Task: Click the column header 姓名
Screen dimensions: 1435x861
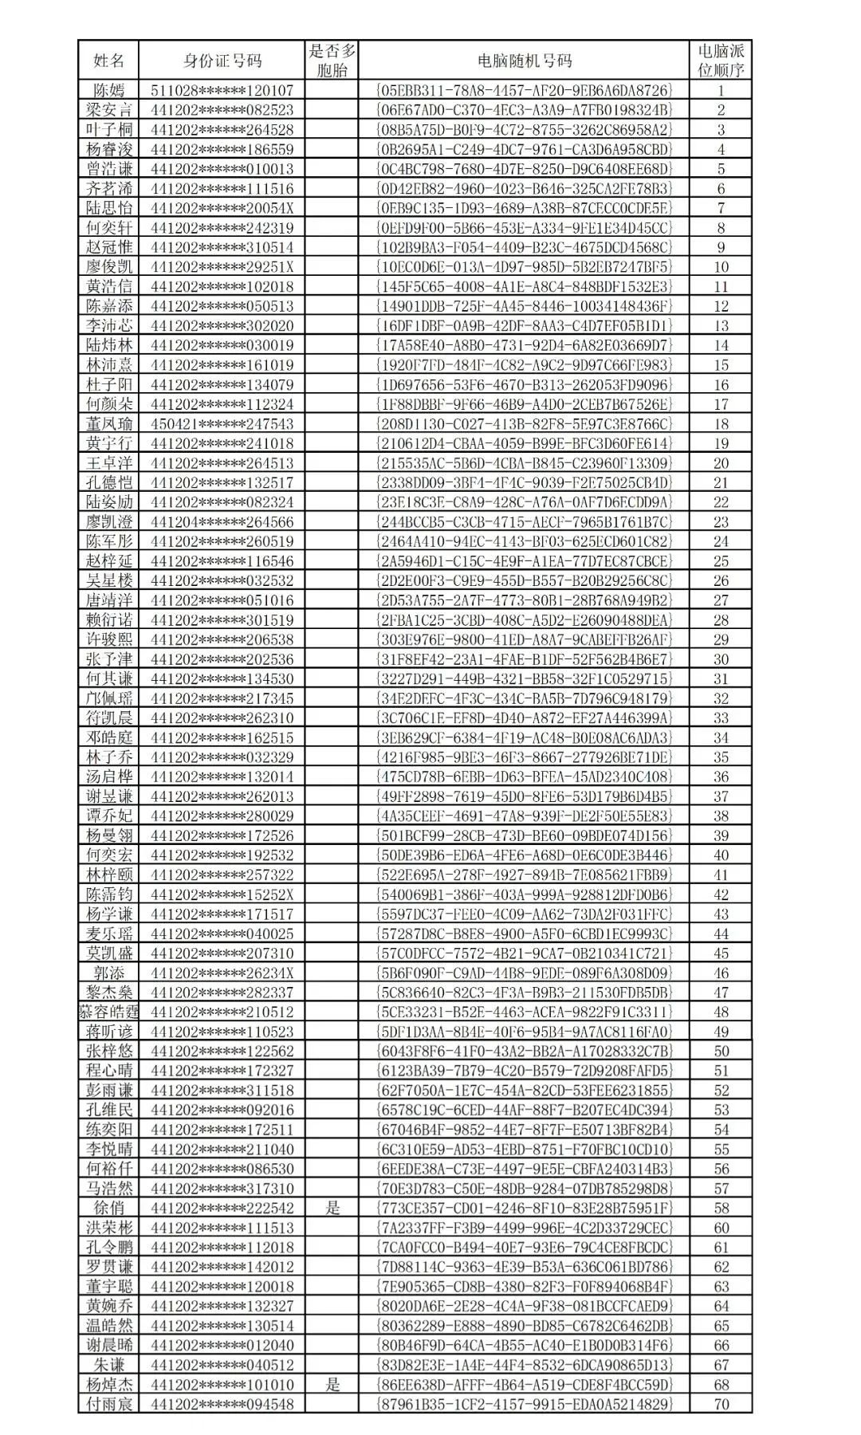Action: [x=109, y=61]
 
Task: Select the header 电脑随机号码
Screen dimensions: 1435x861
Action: [x=524, y=61]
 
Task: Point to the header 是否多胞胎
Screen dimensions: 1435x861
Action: [x=332, y=61]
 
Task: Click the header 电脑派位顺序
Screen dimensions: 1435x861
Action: [x=721, y=61]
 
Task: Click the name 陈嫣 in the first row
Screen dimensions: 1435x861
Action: [x=109, y=90]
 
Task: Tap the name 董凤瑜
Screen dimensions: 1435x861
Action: [x=109, y=424]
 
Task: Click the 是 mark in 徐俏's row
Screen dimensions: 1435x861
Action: [x=332, y=1208]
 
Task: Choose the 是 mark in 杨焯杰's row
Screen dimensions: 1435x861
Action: [x=332, y=1385]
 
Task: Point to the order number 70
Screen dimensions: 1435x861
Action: [x=721, y=1404]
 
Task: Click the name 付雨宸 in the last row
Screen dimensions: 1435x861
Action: [x=109, y=1404]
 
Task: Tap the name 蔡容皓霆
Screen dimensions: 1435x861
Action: [x=109, y=1012]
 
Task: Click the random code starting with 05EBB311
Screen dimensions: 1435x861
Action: [x=524, y=90]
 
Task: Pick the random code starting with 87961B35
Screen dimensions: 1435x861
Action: [x=524, y=1404]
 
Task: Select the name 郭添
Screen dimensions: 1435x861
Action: [x=109, y=973]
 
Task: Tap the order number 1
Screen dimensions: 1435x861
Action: [x=721, y=90]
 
